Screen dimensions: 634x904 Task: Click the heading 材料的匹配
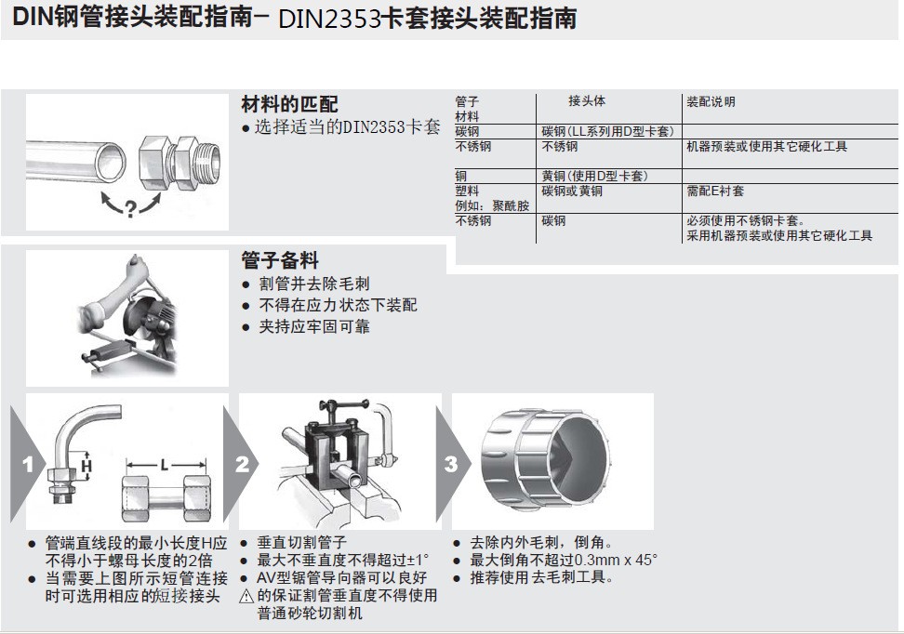click(x=289, y=103)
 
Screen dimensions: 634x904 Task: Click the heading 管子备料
click(x=279, y=260)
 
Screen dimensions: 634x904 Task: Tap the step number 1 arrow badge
click(x=29, y=463)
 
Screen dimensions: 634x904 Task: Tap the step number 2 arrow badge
click(x=243, y=463)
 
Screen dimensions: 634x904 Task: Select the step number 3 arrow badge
click(x=452, y=463)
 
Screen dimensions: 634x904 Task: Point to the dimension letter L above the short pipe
click(x=164, y=462)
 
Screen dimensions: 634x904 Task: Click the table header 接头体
click(x=587, y=101)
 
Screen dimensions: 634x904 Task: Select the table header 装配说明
click(x=711, y=101)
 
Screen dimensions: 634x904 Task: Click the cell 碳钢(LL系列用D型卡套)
click(x=607, y=131)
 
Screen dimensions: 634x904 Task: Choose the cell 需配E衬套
click(x=715, y=191)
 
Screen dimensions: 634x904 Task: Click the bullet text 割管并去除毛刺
click(x=312, y=284)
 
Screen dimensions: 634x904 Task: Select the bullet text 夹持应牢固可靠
click(x=312, y=327)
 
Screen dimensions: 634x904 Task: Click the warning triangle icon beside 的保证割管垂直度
click(x=246, y=596)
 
